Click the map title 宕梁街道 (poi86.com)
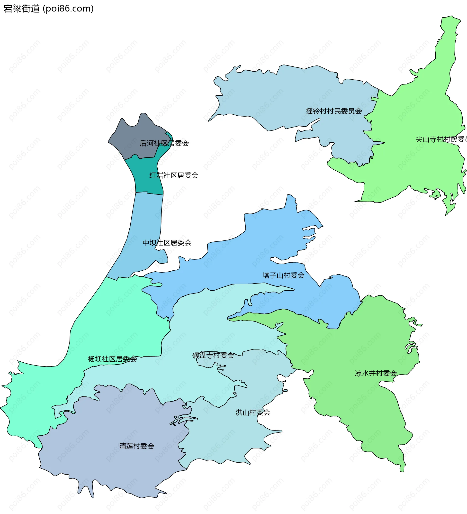(48, 9)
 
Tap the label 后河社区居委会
(164, 143)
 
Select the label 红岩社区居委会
(174, 175)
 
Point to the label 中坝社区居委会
(167, 243)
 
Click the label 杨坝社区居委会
(112, 359)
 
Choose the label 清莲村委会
(136, 446)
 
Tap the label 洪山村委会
(252, 412)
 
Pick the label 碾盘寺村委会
(213, 355)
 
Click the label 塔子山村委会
(283, 275)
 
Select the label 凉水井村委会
(376, 373)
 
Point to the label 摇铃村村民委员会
(334, 111)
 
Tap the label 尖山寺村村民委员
(441, 139)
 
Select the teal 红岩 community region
(145, 176)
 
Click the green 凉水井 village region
(357, 344)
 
